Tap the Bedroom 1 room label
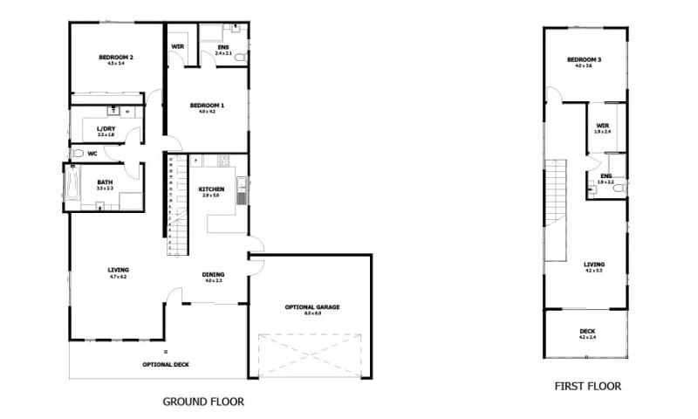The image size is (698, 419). pos(206,106)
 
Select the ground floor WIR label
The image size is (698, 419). pos(177,46)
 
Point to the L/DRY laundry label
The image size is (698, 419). pos(106,129)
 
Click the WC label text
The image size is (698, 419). pos(92,154)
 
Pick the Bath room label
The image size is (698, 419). pos(105,182)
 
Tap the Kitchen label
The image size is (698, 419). pos(211,189)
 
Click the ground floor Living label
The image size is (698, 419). pos(118,271)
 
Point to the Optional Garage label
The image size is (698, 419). pos(311,307)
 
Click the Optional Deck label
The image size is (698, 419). pos(165,365)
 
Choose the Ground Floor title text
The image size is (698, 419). pos(203,402)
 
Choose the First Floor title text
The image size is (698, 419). pos(588,386)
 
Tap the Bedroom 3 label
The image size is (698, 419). pos(584,59)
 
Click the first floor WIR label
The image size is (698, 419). pos(602,126)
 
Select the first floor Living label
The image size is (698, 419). pos(594,264)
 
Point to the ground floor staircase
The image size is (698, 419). pos(176,206)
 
